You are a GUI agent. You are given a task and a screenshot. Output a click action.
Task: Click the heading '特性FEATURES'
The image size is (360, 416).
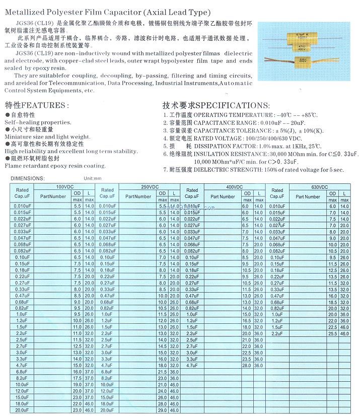coord(36,105)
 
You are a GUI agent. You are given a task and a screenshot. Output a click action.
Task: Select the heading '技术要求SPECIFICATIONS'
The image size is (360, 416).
coord(215,105)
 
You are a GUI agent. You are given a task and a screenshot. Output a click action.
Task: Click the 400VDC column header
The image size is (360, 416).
coord(235,186)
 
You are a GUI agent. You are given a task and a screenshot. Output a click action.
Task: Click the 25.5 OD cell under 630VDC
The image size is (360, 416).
coord(332,334)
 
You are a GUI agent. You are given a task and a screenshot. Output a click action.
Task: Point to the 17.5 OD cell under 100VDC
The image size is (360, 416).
coord(77,378)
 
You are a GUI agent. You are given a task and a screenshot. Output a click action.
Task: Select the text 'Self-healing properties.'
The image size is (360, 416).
coord(38,122)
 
